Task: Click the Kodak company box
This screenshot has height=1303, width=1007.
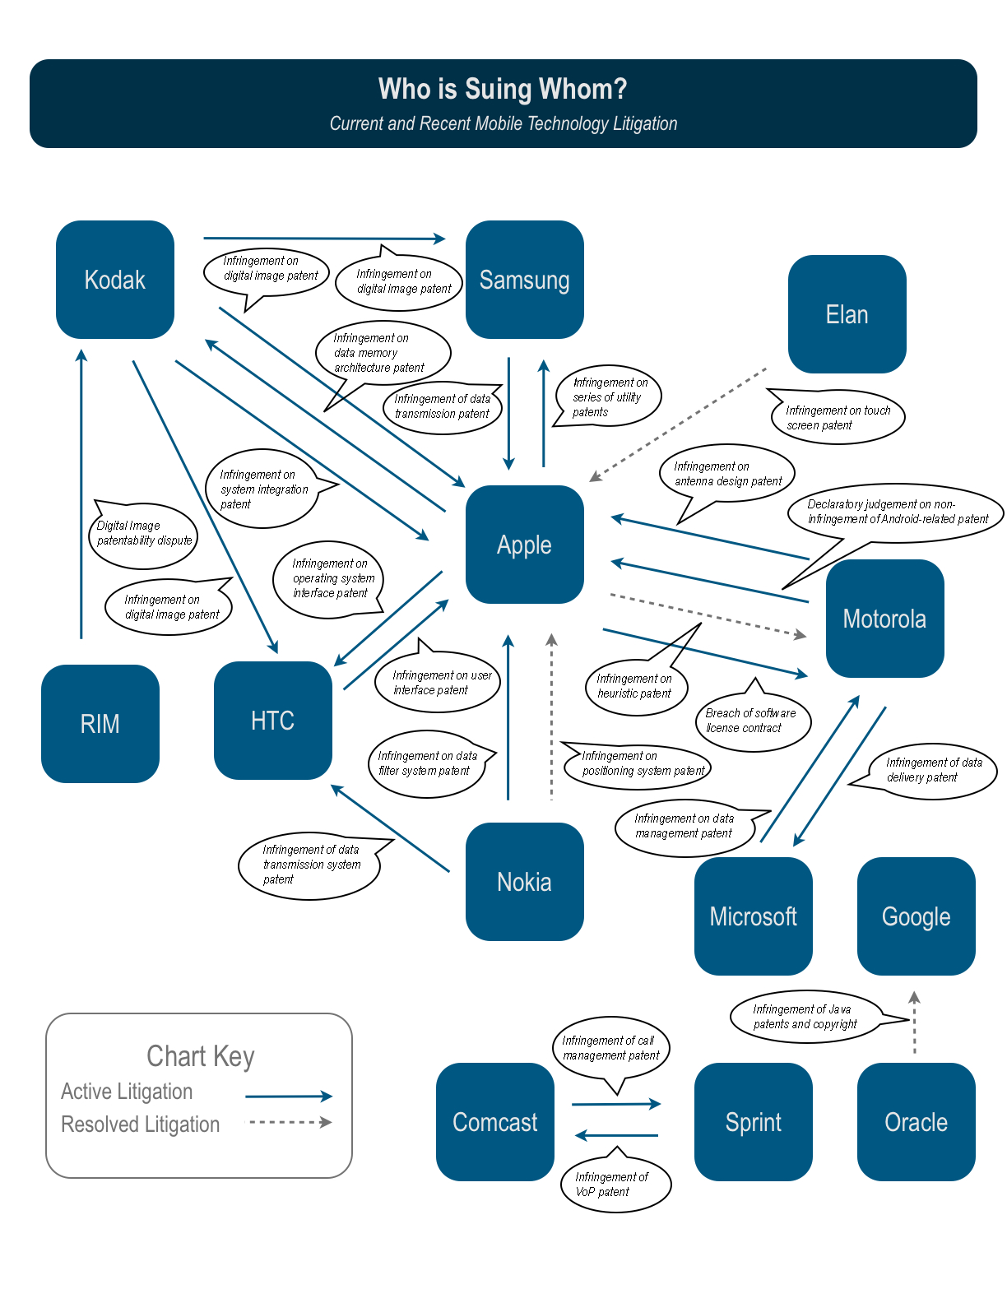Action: coord(115,280)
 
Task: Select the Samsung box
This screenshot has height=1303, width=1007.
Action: coord(524,280)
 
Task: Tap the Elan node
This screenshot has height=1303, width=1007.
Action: coord(847,314)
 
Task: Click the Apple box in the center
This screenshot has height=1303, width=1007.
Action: coord(524,545)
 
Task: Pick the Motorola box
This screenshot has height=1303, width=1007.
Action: coord(884,619)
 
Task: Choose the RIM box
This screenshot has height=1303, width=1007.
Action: coord(100,724)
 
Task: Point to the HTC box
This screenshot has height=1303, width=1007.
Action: coord(272,721)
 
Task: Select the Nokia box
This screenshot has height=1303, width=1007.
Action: coord(524,882)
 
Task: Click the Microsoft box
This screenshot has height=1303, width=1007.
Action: coord(753,916)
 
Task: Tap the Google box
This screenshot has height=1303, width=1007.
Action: coord(916,916)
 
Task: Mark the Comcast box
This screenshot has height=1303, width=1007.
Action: coord(494,1122)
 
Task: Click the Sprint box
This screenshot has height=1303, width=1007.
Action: coord(753,1122)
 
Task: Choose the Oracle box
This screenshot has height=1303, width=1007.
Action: coord(916,1122)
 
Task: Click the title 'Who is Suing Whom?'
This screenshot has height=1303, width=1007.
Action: coord(503,89)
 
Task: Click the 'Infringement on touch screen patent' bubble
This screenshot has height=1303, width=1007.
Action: coord(838,418)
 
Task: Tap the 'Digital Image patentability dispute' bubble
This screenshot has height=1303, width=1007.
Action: coord(144,535)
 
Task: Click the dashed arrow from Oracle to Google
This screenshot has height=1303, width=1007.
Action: coord(914,1024)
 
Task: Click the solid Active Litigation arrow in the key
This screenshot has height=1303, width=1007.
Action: coord(288,1097)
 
